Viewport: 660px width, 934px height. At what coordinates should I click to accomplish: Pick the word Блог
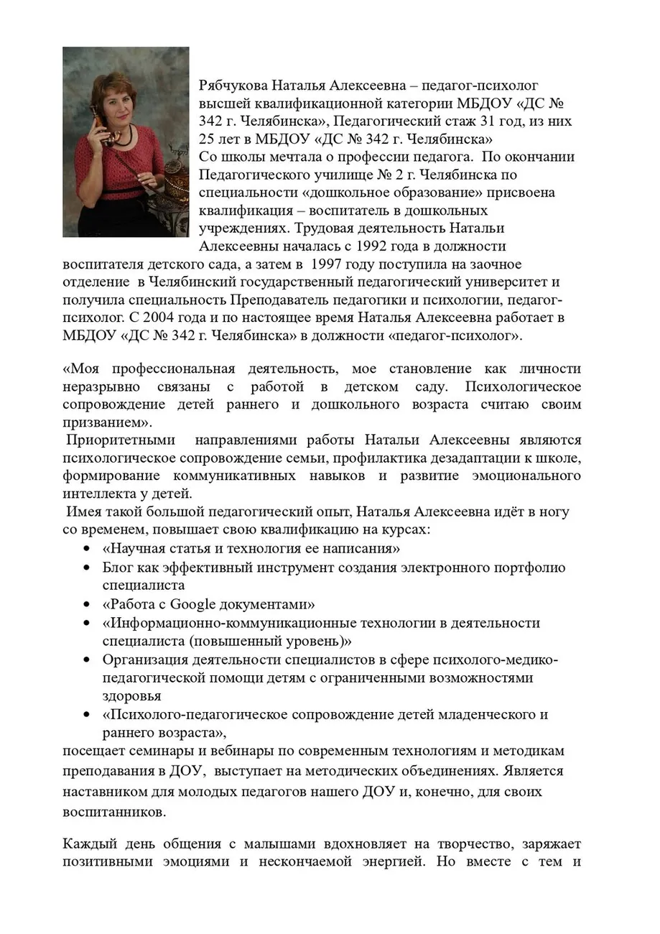(x=118, y=568)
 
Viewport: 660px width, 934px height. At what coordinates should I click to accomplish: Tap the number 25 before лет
(x=208, y=139)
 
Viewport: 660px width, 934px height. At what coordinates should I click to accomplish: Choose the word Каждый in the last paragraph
(x=88, y=843)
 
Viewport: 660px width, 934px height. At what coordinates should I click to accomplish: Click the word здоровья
(x=132, y=696)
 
